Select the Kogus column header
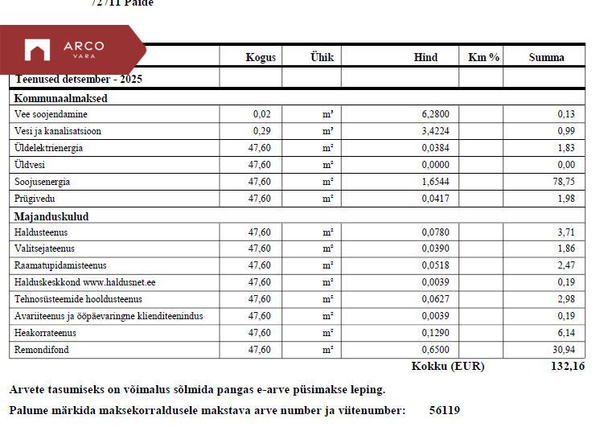tap(261, 57)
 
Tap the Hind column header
tap(425, 57)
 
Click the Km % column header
tap(483, 57)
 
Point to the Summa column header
tap(546, 57)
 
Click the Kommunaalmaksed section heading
tap(61, 98)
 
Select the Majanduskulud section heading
tap(51, 216)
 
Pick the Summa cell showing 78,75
tap(565, 182)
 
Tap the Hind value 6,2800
tap(434, 114)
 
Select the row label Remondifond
tap(43, 351)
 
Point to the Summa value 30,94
tap(565, 351)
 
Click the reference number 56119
tap(445, 410)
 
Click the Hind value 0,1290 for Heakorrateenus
tap(434, 333)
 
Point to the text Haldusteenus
tap(41, 232)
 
